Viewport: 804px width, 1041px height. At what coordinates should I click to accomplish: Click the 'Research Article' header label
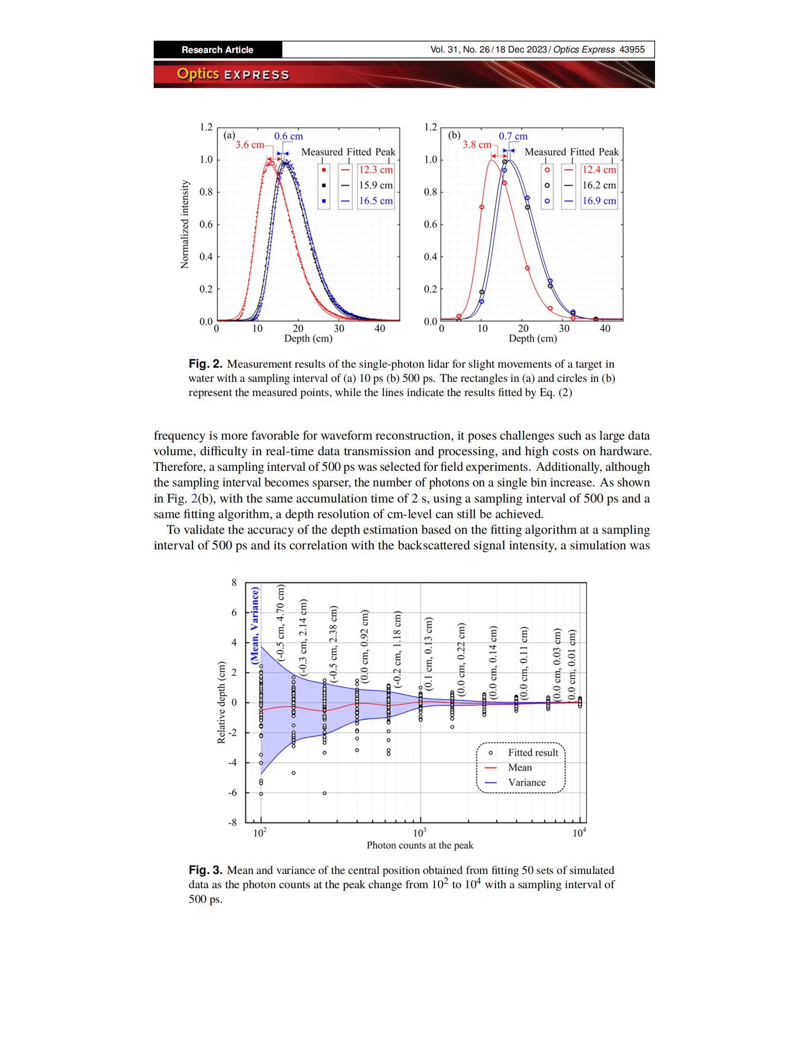217,50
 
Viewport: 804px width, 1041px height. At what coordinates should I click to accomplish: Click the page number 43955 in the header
631,50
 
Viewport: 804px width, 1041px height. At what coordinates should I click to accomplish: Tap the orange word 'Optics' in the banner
198,74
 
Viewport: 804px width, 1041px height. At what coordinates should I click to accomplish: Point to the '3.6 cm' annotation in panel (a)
250,144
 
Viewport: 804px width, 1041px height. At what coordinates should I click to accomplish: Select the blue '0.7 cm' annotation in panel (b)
513,136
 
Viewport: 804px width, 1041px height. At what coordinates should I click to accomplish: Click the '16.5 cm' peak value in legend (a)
376,201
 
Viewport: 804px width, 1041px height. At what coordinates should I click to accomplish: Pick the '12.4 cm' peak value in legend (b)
599,170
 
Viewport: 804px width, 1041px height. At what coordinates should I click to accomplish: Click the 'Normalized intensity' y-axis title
185,224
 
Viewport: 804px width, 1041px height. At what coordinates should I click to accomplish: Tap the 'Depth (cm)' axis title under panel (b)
533,338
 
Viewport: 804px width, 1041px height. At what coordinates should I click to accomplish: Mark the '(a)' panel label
229,135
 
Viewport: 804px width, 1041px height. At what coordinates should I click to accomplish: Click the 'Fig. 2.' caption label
205,364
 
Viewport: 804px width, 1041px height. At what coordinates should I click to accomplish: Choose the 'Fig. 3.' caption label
205,870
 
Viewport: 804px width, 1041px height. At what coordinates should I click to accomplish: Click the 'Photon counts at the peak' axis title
419,846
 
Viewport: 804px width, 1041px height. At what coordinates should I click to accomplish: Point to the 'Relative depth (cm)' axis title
221,703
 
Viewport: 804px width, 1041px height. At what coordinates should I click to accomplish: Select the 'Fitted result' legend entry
533,753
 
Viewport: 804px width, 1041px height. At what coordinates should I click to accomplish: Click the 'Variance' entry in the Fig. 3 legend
527,783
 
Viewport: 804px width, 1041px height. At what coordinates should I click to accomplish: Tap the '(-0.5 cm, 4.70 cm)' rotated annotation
280,622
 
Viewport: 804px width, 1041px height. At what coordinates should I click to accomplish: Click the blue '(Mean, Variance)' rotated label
255,625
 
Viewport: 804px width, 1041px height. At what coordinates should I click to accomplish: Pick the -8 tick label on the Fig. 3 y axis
232,823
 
